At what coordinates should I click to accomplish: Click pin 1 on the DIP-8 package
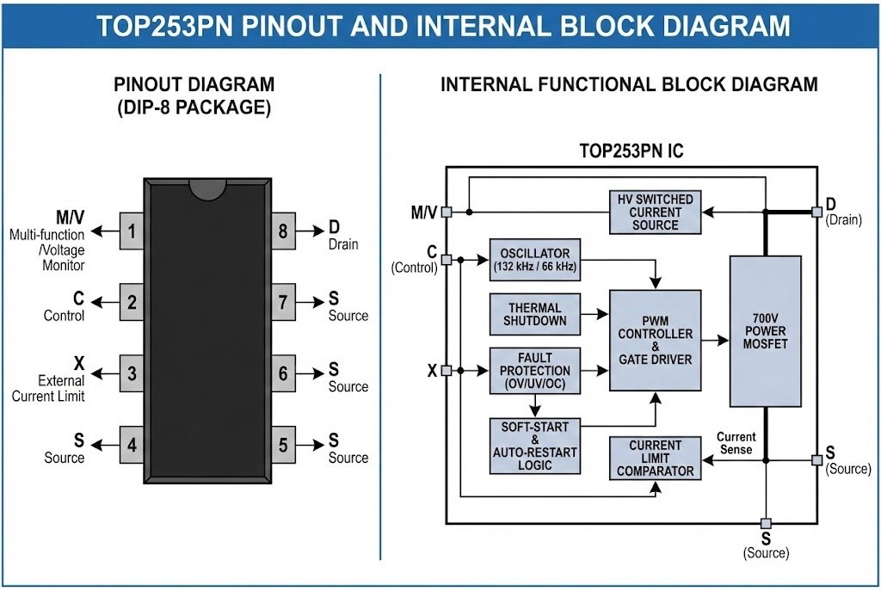pyautogui.click(x=132, y=231)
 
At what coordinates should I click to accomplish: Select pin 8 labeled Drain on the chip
pyautogui.click(x=283, y=231)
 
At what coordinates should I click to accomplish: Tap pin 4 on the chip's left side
pyautogui.click(x=132, y=445)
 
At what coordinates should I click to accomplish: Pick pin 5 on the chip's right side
pyautogui.click(x=283, y=445)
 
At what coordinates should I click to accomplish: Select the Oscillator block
pyautogui.click(x=534, y=259)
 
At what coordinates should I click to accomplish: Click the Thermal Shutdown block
pyautogui.click(x=534, y=314)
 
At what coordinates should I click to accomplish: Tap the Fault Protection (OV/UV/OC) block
pyautogui.click(x=534, y=370)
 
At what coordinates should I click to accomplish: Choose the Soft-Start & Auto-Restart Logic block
pyautogui.click(x=534, y=446)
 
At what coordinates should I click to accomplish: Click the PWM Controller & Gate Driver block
pyautogui.click(x=655, y=339)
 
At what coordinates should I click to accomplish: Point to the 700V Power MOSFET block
pyautogui.click(x=765, y=331)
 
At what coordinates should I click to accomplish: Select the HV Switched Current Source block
pyautogui.click(x=655, y=212)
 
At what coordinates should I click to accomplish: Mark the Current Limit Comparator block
pyautogui.click(x=655, y=458)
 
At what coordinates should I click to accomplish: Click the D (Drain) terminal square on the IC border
pyautogui.click(x=816, y=212)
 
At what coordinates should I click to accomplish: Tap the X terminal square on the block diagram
pyautogui.click(x=446, y=371)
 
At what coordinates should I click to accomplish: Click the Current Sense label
pyautogui.click(x=736, y=443)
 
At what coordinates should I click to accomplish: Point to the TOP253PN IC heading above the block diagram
pyautogui.click(x=631, y=151)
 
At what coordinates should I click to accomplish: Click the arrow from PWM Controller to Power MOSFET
pyautogui.click(x=715, y=340)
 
